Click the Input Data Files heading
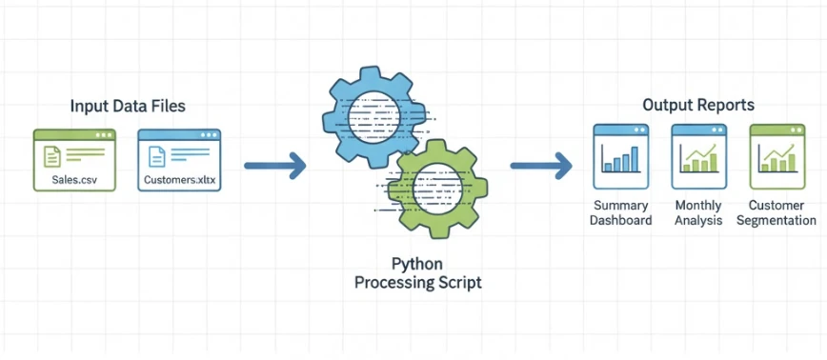128,106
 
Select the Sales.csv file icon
74,158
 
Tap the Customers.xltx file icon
179,158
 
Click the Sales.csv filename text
74,178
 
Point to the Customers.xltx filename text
179,178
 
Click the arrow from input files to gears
274,167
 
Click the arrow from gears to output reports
540,167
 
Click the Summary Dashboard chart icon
620,155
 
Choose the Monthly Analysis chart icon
698,155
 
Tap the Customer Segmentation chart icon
777,155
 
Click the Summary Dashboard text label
621,213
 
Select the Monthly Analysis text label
698,213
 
